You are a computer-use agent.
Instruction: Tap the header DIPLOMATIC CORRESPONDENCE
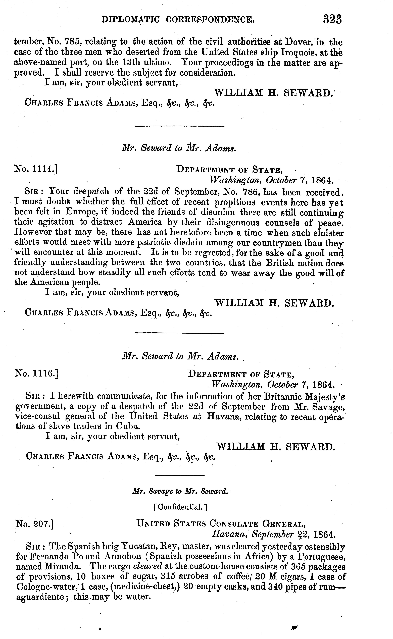point(178,20)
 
